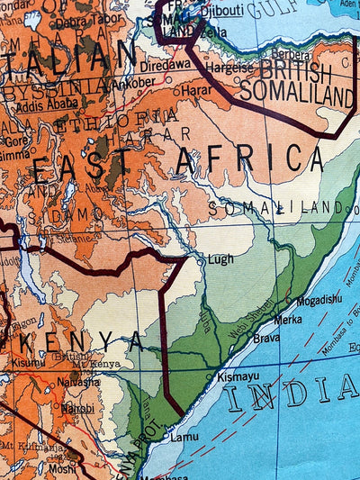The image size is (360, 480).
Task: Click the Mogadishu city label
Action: point(319,299)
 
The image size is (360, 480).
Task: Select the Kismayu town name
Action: point(238,376)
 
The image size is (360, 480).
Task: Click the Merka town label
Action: point(288,319)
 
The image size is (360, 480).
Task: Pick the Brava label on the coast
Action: point(265,339)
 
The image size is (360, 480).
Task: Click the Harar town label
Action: point(196,91)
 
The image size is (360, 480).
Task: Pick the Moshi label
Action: point(63,469)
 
